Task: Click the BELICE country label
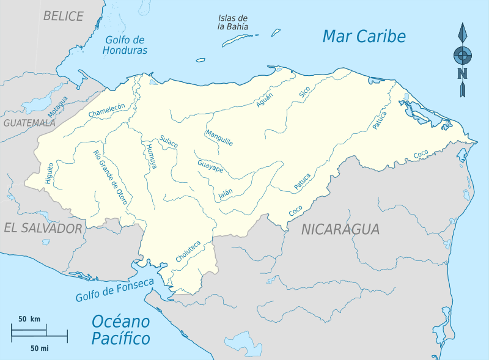[63, 16]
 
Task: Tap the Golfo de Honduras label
[126, 45]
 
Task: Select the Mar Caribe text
[364, 37]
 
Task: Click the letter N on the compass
[463, 75]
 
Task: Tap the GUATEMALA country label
[29, 122]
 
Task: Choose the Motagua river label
[58, 108]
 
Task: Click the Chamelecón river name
[106, 110]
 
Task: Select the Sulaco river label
[168, 141]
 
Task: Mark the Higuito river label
[50, 173]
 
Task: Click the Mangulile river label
[219, 138]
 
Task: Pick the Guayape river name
[210, 167]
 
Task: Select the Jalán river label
[226, 194]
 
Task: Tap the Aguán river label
[265, 99]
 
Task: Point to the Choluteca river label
[188, 251]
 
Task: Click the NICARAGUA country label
[340, 229]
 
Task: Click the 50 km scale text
[29, 319]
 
